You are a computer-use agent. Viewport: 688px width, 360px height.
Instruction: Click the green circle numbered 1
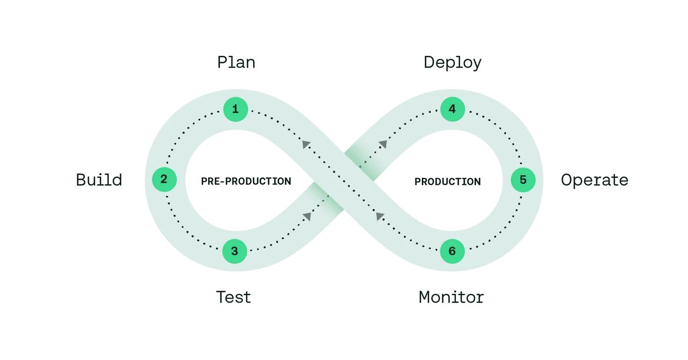(235, 110)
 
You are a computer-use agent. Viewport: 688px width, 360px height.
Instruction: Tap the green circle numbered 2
(164, 179)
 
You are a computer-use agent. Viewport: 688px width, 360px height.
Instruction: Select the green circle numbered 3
(234, 251)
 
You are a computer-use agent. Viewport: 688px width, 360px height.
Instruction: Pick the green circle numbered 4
(452, 110)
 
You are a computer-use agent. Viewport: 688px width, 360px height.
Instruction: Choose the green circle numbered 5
(523, 180)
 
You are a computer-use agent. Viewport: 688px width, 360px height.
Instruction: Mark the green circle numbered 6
(452, 251)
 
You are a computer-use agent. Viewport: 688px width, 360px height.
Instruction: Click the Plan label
(236, 62)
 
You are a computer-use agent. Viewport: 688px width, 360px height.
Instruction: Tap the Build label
(99, 179)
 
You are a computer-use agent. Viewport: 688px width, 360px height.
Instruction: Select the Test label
(233, 297)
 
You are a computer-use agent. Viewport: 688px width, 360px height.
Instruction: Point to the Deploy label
(453, 63)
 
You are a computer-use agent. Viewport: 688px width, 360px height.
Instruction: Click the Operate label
(594, 180)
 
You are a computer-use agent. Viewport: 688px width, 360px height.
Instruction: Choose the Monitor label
(451, 297)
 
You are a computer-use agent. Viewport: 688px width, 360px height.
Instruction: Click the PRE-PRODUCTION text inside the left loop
(246, 182)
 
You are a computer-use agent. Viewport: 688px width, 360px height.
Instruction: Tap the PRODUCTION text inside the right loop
(447, 182)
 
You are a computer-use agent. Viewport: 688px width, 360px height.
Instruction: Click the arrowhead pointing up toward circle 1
(306, 144)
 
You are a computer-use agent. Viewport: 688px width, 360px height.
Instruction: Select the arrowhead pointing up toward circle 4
(383, 144)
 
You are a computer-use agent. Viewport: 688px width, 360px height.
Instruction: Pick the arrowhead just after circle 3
(307, 216)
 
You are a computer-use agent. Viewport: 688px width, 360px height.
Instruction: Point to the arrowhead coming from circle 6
(380, 216)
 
